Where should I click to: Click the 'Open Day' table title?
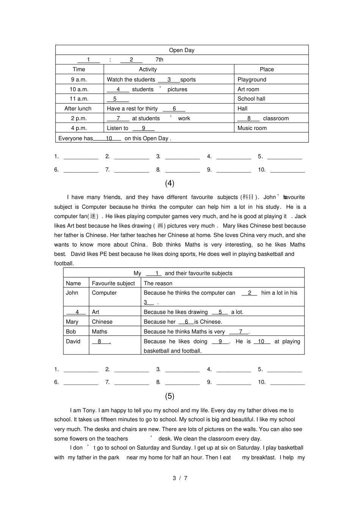[182, 50]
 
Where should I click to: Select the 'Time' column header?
[79, 69]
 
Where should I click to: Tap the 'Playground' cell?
[252, 80]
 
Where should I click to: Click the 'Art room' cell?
[248, 89]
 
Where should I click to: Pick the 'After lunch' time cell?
[78, 108]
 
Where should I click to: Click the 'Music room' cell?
[252, 128]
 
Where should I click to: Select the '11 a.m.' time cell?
[79, 99]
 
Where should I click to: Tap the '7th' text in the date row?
[159, 60]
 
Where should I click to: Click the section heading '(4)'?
[169, 183]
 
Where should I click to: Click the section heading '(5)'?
[169, 396]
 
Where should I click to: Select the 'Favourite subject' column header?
[113, 283]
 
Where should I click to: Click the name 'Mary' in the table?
[72, 322]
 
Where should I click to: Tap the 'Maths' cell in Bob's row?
[99, 331]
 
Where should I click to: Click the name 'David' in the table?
[73, 341]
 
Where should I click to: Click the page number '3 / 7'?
[180, 478]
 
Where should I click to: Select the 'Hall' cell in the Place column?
[243, 108]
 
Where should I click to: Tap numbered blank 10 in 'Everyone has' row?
[109, 138]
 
